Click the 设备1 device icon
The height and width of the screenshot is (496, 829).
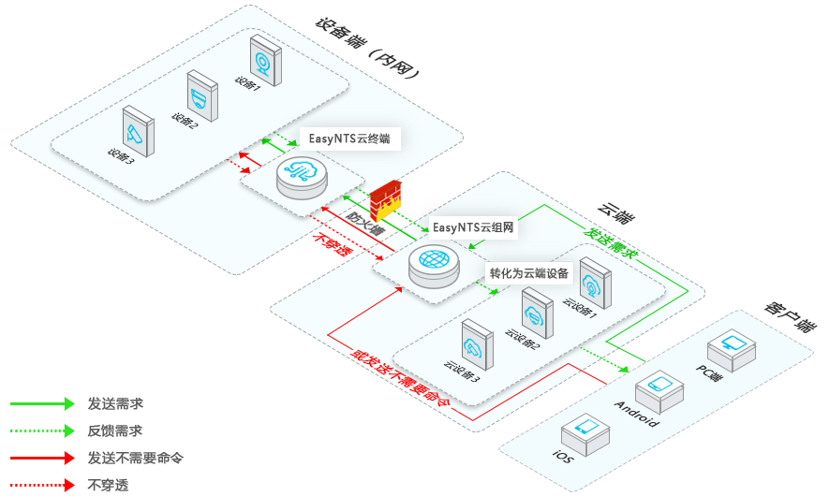coord(265,60)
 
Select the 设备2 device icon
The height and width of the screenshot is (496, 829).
coord(201,95)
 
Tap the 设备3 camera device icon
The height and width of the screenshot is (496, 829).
coord(140,130)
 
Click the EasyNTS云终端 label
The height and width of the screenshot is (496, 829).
coord(348,138)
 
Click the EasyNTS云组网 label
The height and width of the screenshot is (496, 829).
coord(473,227)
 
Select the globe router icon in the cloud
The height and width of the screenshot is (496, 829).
coord(435,262)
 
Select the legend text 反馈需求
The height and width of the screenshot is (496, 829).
coord(115,430)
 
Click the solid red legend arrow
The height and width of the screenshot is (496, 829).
coord(42,458)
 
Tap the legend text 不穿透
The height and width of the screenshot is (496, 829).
coord(108,485)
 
